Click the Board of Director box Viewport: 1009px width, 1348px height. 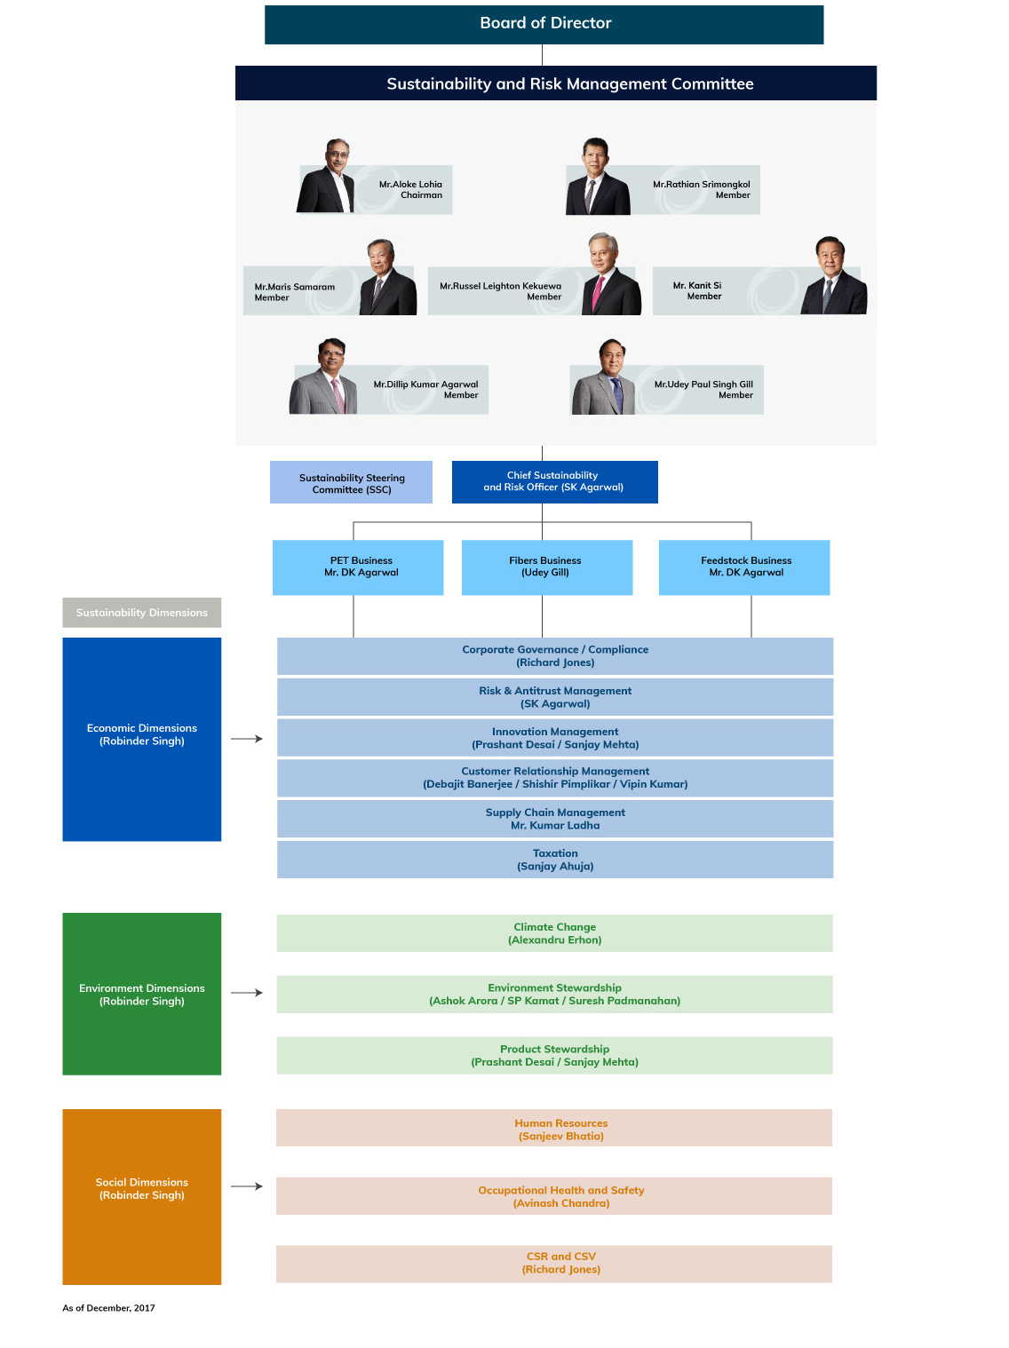coord(544,25)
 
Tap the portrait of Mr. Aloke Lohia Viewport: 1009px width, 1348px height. coord(325,176)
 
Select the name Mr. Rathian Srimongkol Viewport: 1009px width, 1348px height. coord(701,184)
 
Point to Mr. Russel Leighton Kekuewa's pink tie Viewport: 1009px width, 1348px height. coord(597,293)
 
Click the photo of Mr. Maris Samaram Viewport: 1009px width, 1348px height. coord(387,277)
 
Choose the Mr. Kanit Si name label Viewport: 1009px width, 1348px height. coord(697,290)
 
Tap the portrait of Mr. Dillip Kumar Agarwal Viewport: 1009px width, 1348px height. coord(323,376)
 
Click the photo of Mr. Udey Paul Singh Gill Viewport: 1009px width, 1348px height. coord(604,377)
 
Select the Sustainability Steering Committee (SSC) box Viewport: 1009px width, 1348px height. coord(351,482)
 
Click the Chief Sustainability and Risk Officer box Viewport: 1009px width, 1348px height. coord(554,482)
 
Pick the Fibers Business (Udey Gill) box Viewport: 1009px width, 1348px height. coord(546,567)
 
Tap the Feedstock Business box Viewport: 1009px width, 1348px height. coord(743,567)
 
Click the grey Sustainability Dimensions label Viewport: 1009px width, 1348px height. coord(142,612)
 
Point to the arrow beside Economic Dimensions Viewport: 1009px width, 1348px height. coord(247,739)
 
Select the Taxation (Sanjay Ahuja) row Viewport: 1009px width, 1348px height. coord(555,860)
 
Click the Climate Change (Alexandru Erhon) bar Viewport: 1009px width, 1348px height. coord(554,932)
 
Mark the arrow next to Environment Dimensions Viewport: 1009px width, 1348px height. coord(247,993)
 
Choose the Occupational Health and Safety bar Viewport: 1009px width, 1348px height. coord(554,1195)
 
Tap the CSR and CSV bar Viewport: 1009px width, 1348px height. coord(554,1263)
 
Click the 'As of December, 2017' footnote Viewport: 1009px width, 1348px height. coord(108,1307)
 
